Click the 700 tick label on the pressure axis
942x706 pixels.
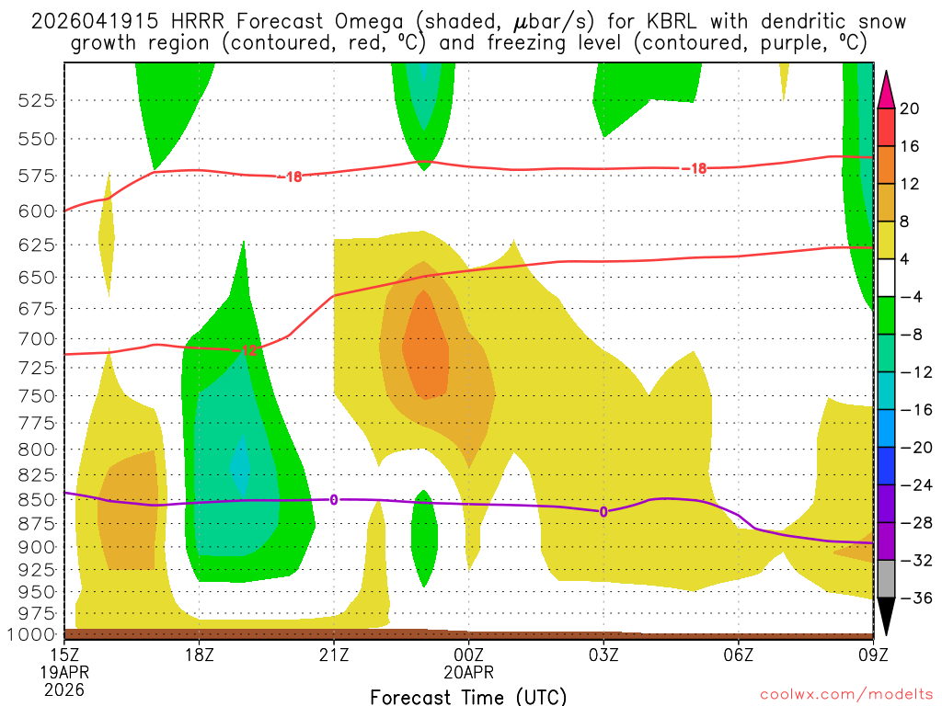click(x=36, y=338)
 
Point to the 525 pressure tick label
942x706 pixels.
click(x=36, y=100)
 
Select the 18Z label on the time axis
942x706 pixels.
click(x=200, y=656)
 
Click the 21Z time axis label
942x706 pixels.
click(x=334, y=656)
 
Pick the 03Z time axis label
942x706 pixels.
click(x=603, y=656)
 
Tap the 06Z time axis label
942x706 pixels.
click(x=739, y=656)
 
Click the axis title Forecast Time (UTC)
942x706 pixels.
click(x=468, y=696)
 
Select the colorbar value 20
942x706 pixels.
click(x=909, y=108)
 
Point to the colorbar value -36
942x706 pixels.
click(x=909, y=598)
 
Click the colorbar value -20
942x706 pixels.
click(x=909, y=448)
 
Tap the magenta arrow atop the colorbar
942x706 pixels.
click(x=886, y=88)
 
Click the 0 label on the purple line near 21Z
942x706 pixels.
click(x=334, y=499)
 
